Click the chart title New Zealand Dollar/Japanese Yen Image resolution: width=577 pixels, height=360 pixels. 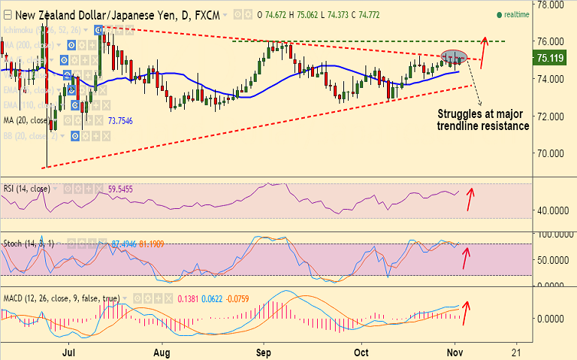click(82, 14)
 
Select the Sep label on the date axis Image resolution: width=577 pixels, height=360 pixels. click(262, 351)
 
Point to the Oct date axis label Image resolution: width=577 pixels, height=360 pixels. click(362, 351)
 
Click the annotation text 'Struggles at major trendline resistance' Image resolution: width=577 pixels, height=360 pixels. click(483, 119)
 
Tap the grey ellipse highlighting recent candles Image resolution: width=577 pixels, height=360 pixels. click(454, 56)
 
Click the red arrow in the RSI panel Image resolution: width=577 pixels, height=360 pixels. click(470, 198)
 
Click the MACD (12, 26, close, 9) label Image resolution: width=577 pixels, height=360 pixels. click(60, 298)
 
